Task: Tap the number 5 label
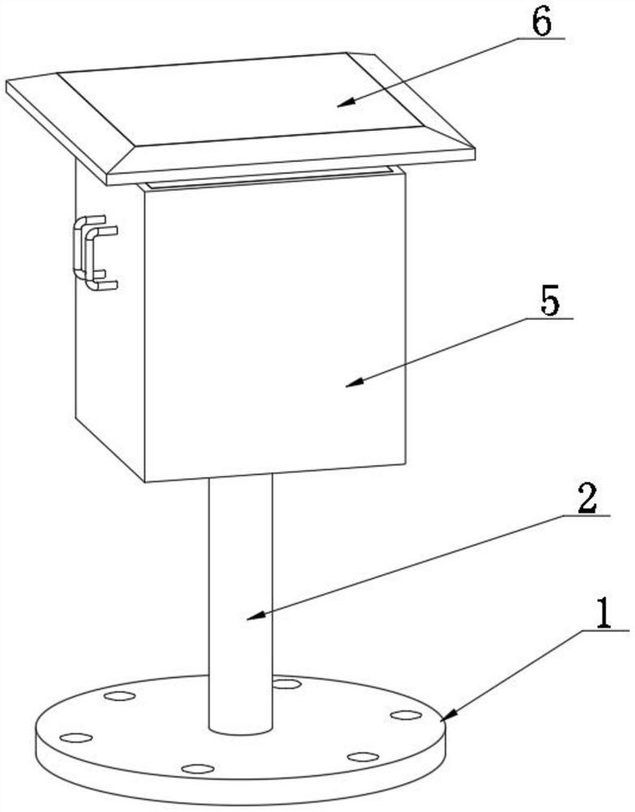point(550,301)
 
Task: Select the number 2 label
point(587,499)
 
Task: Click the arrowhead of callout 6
point(346,102)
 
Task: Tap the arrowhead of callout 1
point(447,714)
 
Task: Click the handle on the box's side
point(95,253)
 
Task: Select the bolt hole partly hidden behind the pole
point(286,684)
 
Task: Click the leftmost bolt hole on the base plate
point(76,737)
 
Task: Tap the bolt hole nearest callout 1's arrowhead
point(406,715)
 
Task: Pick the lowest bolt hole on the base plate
point(198,768)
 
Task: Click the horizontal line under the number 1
point(606,630)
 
